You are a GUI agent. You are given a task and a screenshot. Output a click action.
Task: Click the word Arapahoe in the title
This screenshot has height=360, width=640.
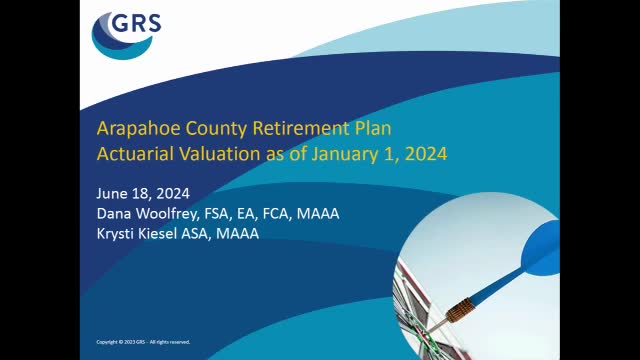pyautogui.click(x=131, y=129)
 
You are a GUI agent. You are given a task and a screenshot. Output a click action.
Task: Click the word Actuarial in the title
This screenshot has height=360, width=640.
pyautogui.click(x=131, y=154)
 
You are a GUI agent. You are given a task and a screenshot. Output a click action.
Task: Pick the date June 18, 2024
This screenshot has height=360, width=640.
pyautogui.click(x=143, y=194)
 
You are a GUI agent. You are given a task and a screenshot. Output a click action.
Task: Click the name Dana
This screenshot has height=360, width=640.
pyautogui.click(x=114, y=214)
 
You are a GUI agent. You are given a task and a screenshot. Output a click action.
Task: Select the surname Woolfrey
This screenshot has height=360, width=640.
pyautogui.click(x=171, y=214)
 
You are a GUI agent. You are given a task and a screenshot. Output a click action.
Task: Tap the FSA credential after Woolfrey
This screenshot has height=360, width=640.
pyautogui.click(x=228, y=214)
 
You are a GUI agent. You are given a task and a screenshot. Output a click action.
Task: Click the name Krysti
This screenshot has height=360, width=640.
pyautogui.click(x=116, y=233)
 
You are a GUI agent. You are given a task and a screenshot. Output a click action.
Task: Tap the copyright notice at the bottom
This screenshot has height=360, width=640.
pyautogui.click(x=142, y=342)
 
